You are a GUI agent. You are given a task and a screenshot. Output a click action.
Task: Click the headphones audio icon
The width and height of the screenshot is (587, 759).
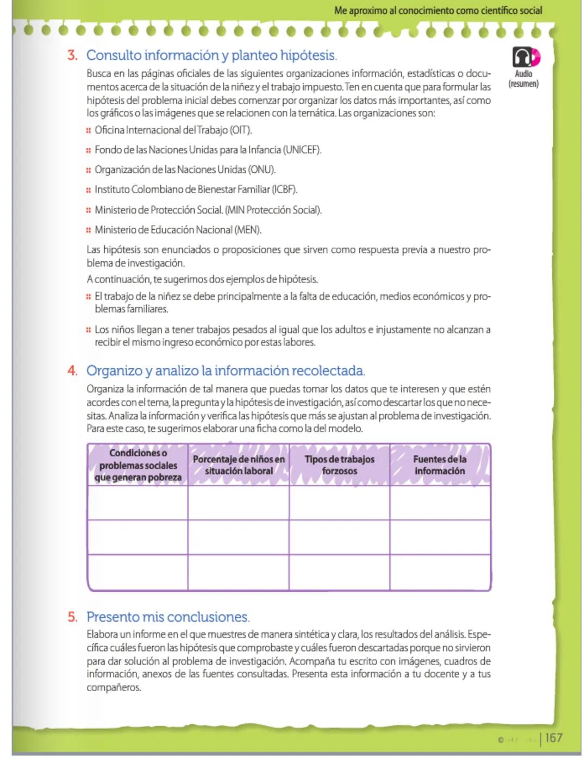525,57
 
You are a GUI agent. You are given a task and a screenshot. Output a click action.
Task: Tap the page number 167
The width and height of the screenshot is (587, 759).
554,738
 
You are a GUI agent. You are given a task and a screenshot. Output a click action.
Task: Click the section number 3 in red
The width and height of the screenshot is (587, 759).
72,55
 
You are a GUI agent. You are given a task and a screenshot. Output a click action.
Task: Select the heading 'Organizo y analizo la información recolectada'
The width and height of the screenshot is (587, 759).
225,371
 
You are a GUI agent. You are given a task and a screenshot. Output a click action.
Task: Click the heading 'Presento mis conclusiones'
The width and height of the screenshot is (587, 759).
167,617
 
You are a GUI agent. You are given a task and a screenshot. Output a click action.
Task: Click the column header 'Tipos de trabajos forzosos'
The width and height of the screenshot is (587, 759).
339,465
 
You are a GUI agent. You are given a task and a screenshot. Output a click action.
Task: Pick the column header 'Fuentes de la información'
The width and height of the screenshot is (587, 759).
440,465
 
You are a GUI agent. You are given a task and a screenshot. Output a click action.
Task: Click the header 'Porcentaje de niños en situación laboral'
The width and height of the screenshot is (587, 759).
239,465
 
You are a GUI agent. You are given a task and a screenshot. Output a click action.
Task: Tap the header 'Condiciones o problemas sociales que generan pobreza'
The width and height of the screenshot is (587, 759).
138,465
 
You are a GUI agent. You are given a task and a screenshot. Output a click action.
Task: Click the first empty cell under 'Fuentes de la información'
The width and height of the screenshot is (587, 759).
440,503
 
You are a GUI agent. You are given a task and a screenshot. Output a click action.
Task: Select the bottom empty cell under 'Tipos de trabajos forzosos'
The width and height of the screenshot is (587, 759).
339,572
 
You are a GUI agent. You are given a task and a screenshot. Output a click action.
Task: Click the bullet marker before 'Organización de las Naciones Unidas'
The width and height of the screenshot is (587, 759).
88,170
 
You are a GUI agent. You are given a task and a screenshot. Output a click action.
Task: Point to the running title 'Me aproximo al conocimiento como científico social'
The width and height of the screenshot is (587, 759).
438,10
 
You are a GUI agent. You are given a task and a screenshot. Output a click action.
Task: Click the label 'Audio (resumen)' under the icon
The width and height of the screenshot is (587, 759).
523,79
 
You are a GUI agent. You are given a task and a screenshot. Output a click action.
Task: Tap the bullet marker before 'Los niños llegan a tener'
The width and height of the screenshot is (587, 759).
88,330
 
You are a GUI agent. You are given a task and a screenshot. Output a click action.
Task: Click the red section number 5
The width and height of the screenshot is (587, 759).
72,617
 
